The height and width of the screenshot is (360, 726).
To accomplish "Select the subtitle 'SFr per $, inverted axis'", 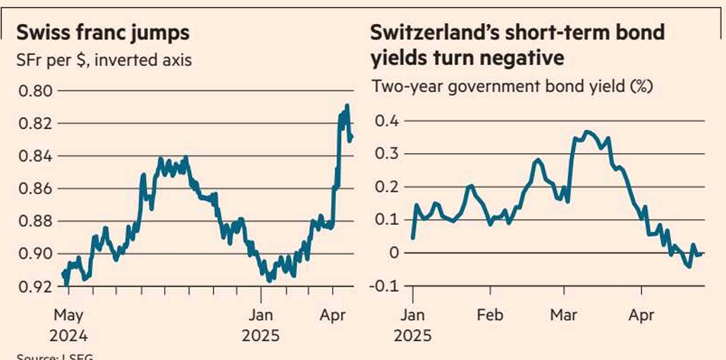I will (104, 60).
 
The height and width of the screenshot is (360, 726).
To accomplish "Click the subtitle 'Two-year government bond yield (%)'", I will (512, 87).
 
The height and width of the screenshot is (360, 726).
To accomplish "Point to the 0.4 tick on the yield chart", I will (388, 121).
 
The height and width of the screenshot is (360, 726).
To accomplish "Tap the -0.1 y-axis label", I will (385, 285).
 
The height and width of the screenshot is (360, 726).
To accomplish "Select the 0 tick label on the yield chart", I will (394, 253).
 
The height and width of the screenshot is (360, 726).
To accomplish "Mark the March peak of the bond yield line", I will (587, 132).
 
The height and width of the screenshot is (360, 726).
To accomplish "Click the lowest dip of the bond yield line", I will (689, 266).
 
